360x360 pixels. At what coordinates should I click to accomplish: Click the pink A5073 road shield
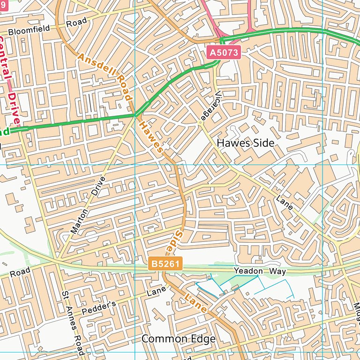[x=224, y=53]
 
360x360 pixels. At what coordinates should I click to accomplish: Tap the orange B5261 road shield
[x=165, y=264]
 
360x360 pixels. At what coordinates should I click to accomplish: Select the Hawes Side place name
[x=246, y=143]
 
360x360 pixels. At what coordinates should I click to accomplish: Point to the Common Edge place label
[x=179, y=338]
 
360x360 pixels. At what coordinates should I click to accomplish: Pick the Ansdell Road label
[x=104, y=75]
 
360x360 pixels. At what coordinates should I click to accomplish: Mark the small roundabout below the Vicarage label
[x=201, y=123]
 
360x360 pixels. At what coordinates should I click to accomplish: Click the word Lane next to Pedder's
[x=156, y=292]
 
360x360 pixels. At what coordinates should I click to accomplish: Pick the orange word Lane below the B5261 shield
[x=195, y=303]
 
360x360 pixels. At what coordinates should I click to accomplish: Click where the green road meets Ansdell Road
[x=135, y=114]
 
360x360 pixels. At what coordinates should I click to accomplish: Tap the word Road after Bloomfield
[x=76, y=22]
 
